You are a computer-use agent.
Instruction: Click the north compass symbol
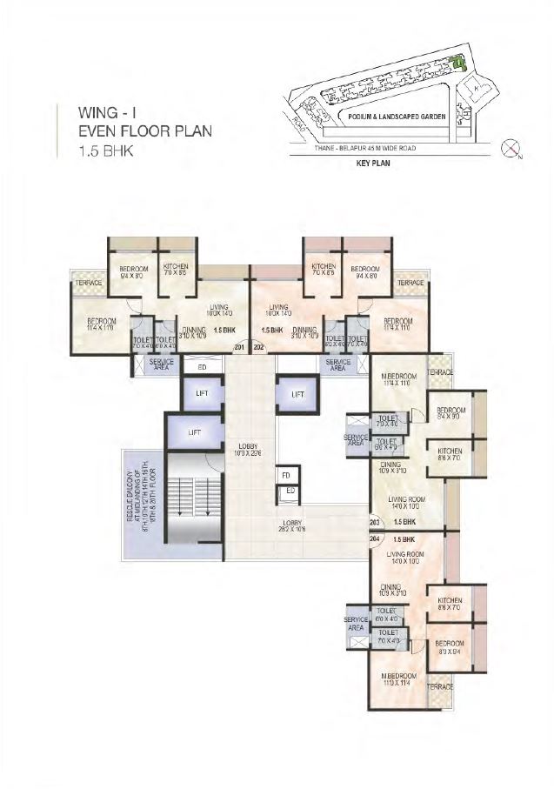click(511, 150)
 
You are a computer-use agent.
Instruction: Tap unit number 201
click(240, 348)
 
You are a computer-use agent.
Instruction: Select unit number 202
click(258, 348)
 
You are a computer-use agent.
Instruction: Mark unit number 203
click(375, 522)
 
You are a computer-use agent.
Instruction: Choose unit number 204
click(375, 539)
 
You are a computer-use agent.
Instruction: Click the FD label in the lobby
click(286, 476)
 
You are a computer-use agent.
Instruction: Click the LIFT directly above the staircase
click(195, 431)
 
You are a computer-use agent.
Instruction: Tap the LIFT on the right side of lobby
click(297, 394)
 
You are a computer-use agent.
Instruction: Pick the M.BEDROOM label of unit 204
click(396, 676)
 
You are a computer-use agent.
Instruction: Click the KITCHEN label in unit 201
click(176, 270)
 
